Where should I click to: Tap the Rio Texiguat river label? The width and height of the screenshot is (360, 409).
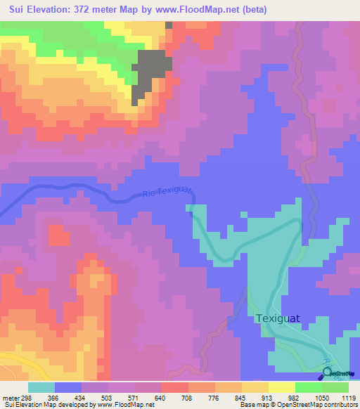[x=166, y=193]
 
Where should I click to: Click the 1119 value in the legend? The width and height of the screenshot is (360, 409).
[x=348, y=398]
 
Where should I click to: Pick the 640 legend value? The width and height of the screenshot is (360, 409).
[x=149, y=398]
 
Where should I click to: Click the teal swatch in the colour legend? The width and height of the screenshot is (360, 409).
[x=41, y=387]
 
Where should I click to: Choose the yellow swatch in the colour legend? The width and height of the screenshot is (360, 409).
[x=282, y=387]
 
